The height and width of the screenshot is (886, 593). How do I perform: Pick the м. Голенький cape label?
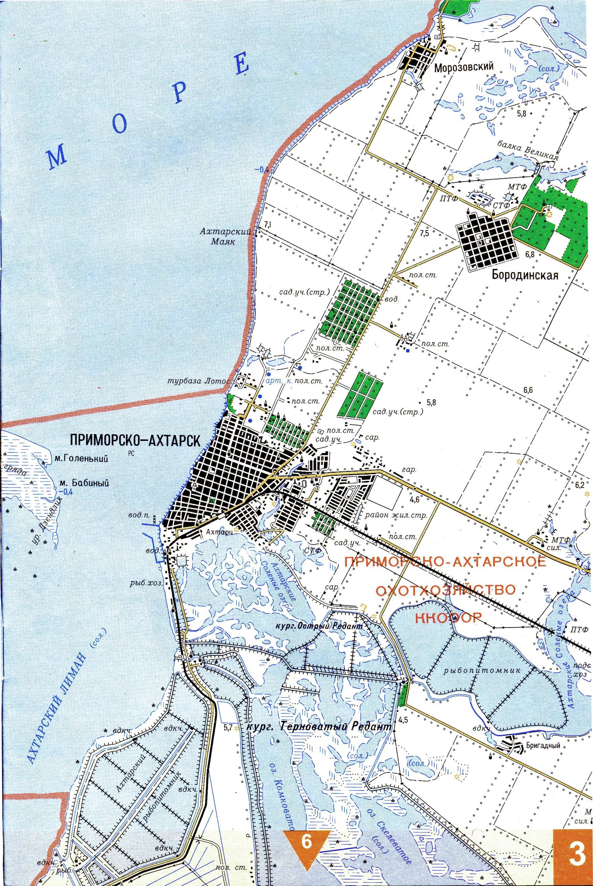(x=82, y=459)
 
